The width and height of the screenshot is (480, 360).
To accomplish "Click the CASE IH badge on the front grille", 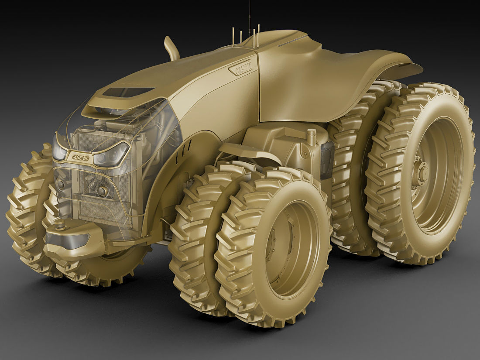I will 79,157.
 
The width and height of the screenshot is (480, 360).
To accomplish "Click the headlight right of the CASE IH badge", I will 111,154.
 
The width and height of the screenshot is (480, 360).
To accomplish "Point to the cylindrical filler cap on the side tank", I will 311,137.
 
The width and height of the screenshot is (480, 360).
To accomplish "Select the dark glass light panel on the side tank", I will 327,160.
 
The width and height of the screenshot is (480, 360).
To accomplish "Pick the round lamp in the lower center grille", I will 103,191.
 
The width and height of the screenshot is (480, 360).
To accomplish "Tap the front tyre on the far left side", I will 26,209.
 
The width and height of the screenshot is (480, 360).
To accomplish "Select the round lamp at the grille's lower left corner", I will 61,184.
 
